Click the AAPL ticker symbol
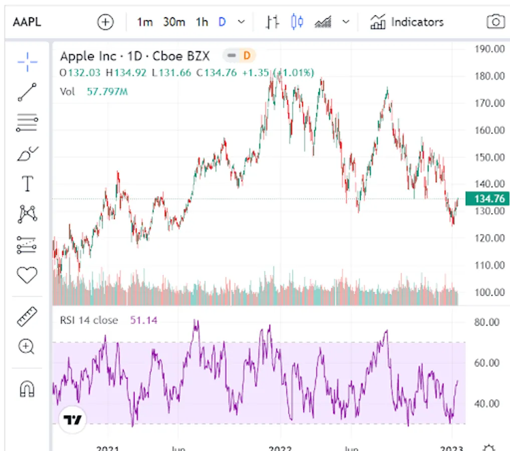click(27, 22)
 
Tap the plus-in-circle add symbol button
click(105, 22)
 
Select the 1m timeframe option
click(145, 22)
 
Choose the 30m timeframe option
click(174, 22)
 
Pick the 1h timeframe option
click(202, 22)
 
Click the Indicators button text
click(417, 22)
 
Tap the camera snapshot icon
click(495, 22)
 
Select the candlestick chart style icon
click(297, 22)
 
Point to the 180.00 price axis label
click(488, 76)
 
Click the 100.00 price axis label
click(488, 292)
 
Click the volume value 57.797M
click(107, 92)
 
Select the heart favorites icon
click(27, 275)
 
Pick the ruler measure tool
click(27, 317)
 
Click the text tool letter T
click(27, 184)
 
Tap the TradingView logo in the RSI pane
click(73, 420)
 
